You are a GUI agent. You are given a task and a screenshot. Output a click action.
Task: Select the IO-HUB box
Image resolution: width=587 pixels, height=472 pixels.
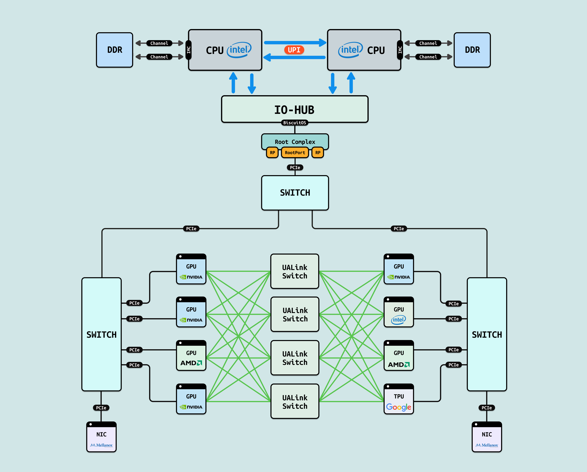295,109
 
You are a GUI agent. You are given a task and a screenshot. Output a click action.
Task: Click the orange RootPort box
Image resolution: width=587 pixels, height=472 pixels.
295,152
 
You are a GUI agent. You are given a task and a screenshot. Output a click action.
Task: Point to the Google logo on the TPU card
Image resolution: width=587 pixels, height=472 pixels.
399,407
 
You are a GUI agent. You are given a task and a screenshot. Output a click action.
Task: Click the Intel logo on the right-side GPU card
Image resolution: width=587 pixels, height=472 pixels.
398,320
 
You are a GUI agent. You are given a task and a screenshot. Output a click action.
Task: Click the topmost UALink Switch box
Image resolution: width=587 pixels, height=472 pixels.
295,271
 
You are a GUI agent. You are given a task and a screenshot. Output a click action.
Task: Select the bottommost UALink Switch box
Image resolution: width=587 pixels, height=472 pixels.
295,402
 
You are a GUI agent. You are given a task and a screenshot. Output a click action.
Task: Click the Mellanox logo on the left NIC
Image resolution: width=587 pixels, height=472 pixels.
101,445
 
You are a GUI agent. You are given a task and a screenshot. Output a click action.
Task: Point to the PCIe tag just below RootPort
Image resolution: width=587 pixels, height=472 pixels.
295,167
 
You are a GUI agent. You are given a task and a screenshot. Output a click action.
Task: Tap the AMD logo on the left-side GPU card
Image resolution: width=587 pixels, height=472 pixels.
191,363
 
